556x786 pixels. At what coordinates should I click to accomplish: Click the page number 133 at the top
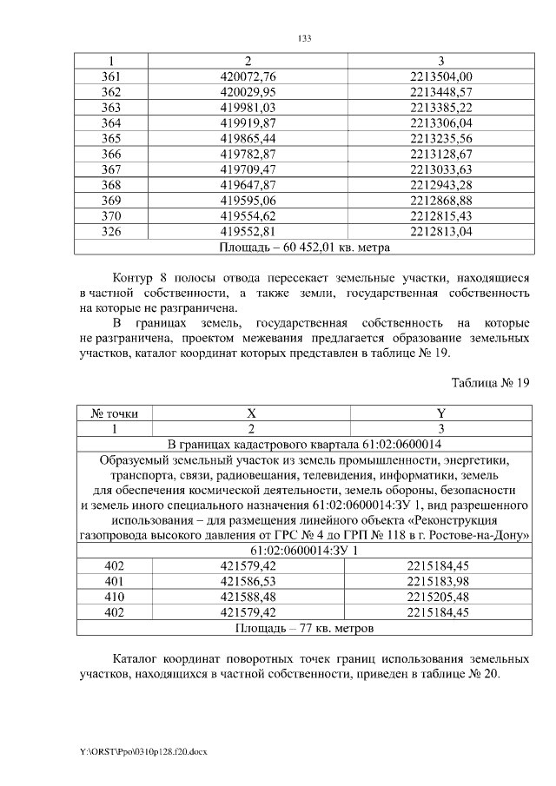coord(304,39)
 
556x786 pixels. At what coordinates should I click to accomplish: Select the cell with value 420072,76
coord(248,76)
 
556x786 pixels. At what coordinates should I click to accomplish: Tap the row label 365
coord(111,138)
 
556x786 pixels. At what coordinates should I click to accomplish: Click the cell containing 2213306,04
coord(440,122)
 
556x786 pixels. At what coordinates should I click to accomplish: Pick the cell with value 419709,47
coord(248,169)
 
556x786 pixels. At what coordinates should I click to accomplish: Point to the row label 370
coord(111,215)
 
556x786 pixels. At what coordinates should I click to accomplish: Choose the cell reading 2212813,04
coord(440,231)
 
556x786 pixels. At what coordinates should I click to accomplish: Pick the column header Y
coord(440,414)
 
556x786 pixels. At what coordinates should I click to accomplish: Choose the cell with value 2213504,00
coord(440,76)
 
